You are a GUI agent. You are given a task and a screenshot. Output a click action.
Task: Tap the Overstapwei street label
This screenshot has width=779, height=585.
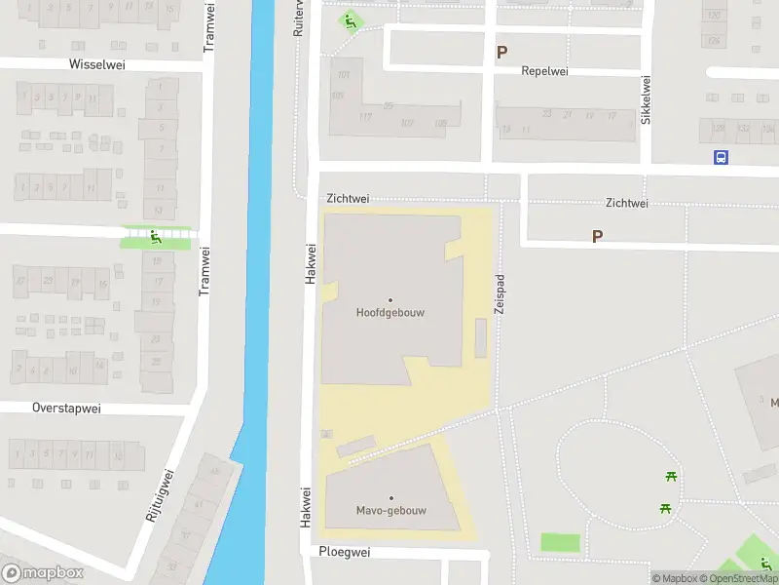(66, 409)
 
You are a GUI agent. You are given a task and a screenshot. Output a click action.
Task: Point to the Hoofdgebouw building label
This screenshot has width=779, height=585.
(390, 313)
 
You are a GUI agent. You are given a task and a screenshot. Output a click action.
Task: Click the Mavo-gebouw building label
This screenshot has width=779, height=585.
(390, 510)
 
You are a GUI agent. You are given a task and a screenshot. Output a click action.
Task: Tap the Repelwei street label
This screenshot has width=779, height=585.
(544, 71)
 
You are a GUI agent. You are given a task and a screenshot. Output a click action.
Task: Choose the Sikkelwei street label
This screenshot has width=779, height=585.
(645, 100)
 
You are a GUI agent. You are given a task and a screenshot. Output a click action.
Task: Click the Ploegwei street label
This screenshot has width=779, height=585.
(346, 552)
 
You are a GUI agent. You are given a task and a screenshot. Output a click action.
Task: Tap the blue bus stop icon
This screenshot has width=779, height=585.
(721, 157)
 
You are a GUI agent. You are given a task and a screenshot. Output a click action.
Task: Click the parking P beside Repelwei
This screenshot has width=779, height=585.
(501, 53)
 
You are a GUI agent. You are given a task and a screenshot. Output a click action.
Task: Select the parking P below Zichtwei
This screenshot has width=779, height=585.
(597, 236)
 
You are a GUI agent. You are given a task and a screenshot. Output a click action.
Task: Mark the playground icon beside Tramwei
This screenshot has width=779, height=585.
(156, 237)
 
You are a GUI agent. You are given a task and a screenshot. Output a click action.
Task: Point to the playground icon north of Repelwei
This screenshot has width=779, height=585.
(350, 20)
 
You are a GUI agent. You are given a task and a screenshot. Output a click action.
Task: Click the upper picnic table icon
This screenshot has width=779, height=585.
(671, 477)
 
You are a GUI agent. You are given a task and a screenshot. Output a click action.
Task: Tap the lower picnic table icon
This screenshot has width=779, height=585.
(665, 508)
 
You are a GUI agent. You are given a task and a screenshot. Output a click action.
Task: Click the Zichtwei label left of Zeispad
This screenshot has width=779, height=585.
(348, 198)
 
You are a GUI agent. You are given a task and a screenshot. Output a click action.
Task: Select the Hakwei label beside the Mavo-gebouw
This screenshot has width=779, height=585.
(306, 507)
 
